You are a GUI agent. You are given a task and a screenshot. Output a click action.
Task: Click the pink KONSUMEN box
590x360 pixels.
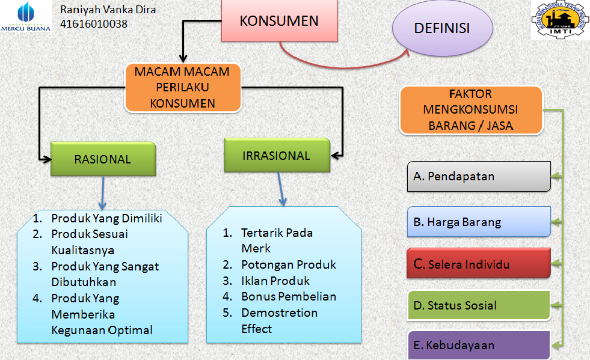point(278,21)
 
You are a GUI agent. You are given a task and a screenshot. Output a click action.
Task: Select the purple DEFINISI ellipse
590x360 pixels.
point(442,29)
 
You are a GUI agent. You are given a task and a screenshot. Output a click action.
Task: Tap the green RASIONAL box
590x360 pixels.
point(103,159)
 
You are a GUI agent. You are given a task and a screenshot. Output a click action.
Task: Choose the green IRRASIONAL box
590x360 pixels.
point(277,156)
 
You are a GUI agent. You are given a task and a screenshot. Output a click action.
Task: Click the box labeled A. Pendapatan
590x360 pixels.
point(479,176)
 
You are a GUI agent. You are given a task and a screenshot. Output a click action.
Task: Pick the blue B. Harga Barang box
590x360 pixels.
point(479,222)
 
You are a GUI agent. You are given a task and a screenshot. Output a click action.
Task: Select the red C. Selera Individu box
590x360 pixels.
point(479,263)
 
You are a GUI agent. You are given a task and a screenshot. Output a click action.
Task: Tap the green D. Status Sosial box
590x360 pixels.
point(479,305)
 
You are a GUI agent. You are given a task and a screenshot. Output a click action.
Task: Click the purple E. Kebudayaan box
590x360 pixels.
point(479,345)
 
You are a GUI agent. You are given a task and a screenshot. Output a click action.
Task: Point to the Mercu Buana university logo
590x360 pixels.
point(26,17)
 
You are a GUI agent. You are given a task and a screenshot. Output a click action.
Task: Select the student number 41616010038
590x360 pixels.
point(94,25)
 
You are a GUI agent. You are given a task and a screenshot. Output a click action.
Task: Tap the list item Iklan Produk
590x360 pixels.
point(275,281)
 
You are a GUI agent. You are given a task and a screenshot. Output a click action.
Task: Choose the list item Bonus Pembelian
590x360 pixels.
point(288,296)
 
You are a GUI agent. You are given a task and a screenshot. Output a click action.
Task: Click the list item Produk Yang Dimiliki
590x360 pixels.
point(106,218)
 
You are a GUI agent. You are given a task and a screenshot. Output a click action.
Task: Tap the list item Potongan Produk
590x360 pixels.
point(288,264)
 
